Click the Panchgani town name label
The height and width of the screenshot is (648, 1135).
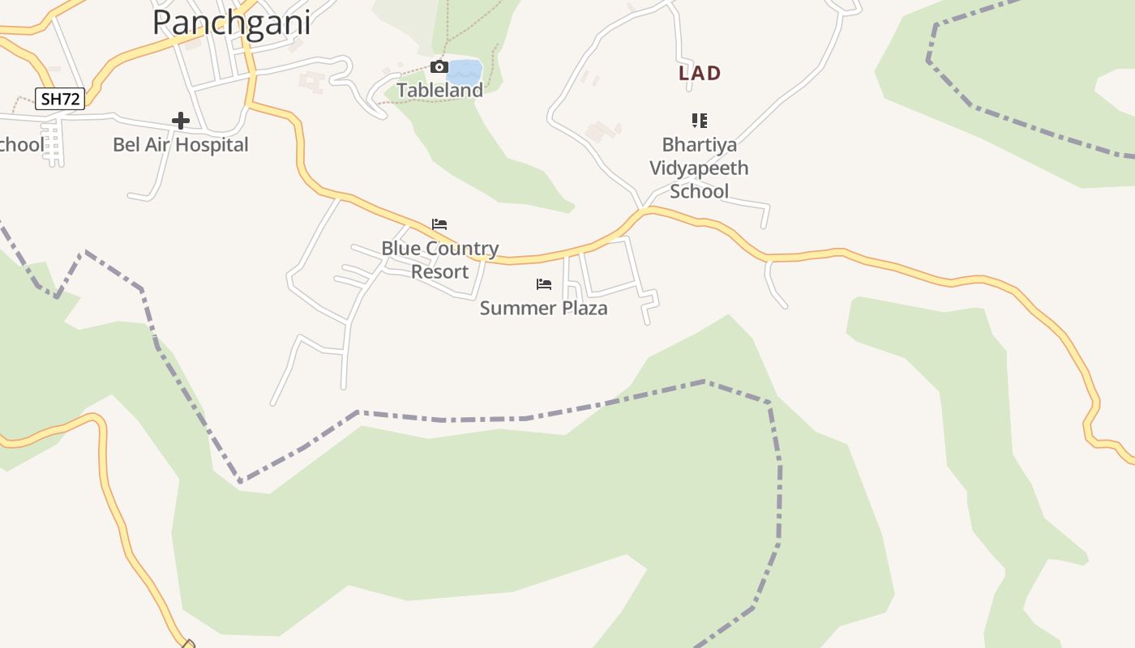pyautogui.click(x=231, y=23)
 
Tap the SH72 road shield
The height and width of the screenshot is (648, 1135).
pyautogui.click(x=60, y=99)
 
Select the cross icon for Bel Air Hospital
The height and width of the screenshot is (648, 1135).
pyautogui.click(x=181, y=121)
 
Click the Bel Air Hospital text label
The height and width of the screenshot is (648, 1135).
pyautogui.click(x=180, y=145)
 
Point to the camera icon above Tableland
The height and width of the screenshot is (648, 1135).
pyautogui.click(x=439, y=66)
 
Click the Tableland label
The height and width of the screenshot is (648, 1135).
pyautogui.click(x=439, y=90)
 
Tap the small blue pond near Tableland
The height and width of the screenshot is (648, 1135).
pyautogui.click(x=465, y=71)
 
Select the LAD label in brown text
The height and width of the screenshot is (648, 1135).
pyautogui.click(x=700, y=73)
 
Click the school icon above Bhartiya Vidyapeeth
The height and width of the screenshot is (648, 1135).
pyautogui.click(x=699, y=121)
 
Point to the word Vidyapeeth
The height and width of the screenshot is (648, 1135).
pyautogui.click(x=699, y=168)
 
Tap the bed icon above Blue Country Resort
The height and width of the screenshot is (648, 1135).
pyautogui.click(x=439, y=224)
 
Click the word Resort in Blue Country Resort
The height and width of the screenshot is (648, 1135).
pyautogui.click(x=439, y=271)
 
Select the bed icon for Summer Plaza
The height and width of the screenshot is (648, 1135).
pyautogui.click(x=543, y=284)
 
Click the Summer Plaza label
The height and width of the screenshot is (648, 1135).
pyautogui.click(x=543, y=308)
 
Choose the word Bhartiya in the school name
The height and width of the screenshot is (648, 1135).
pyautogui.click(x=699, y=145)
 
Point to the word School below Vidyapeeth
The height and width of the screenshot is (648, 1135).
pyautogui.click(x=699, y=192)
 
